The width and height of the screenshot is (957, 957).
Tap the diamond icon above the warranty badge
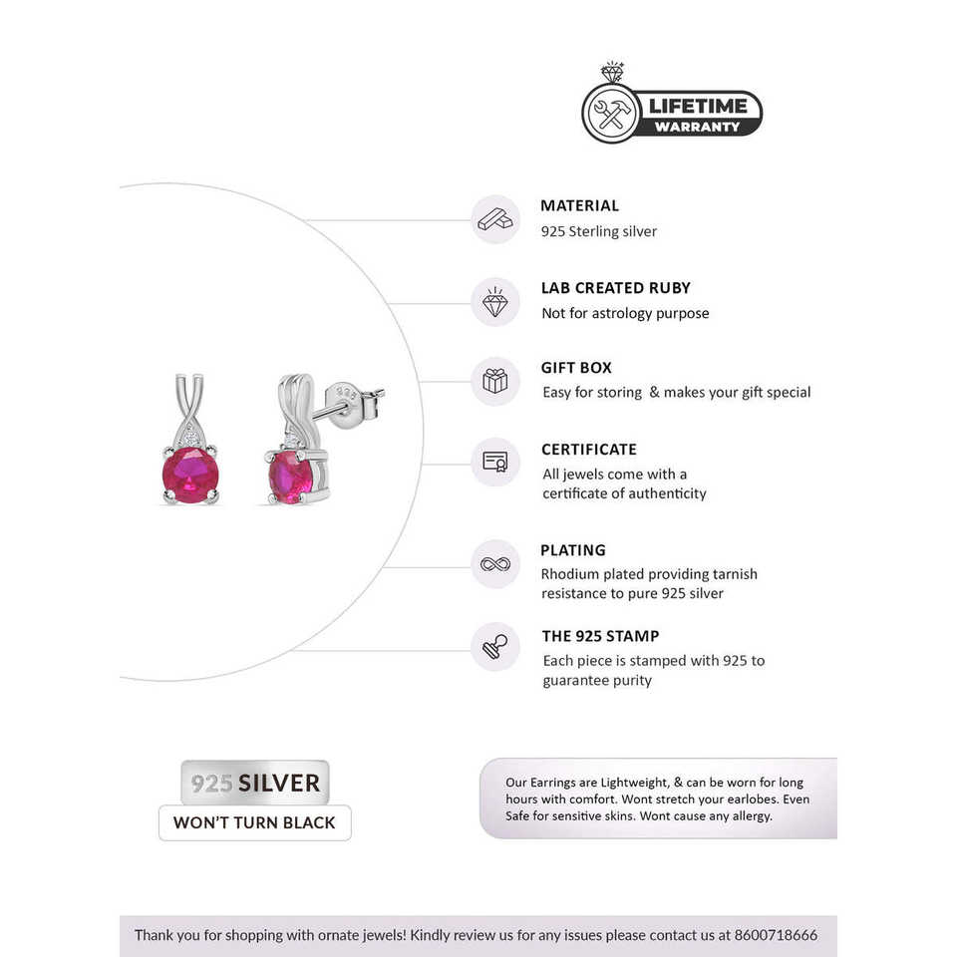pyautogui.click(x=612, y=74)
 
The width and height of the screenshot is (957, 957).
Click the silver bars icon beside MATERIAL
pyautogui.click(x=495, y=219)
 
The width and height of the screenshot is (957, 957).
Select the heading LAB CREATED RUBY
pyautogui.click(x=615, y=288)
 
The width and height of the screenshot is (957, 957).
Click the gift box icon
pyautogui.click(x=495, y=381)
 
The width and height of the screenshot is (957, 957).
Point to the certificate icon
pyautogui.click(x=495, y=462)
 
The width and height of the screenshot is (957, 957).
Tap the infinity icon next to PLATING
pyautogui.click(x=495, y=564)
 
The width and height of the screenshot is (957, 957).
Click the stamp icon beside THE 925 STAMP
pyautogui.click(x=495, y=646)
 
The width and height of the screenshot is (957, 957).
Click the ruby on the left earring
pyautogui.click(x=190, y=474)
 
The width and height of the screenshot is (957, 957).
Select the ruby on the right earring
pyautogui.click(x=291, y=476)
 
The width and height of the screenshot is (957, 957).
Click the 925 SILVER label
pyautogui.click(x=255, y=783)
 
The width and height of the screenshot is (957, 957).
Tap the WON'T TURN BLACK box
pyautogui.click(x=255, y=823)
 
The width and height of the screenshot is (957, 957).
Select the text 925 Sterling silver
pyautogui.click(x=599, y=231)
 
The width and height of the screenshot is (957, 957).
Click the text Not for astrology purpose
pyautogui.click(x=625, y=313)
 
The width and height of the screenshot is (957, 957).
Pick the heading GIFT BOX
pyautogui.click(x=576, y=368)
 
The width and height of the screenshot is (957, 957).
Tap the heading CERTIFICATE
pyautogui.click(x=588, y=450)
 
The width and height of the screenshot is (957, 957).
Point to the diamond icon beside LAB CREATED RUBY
pyautogui.click(x=495, y=301)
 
